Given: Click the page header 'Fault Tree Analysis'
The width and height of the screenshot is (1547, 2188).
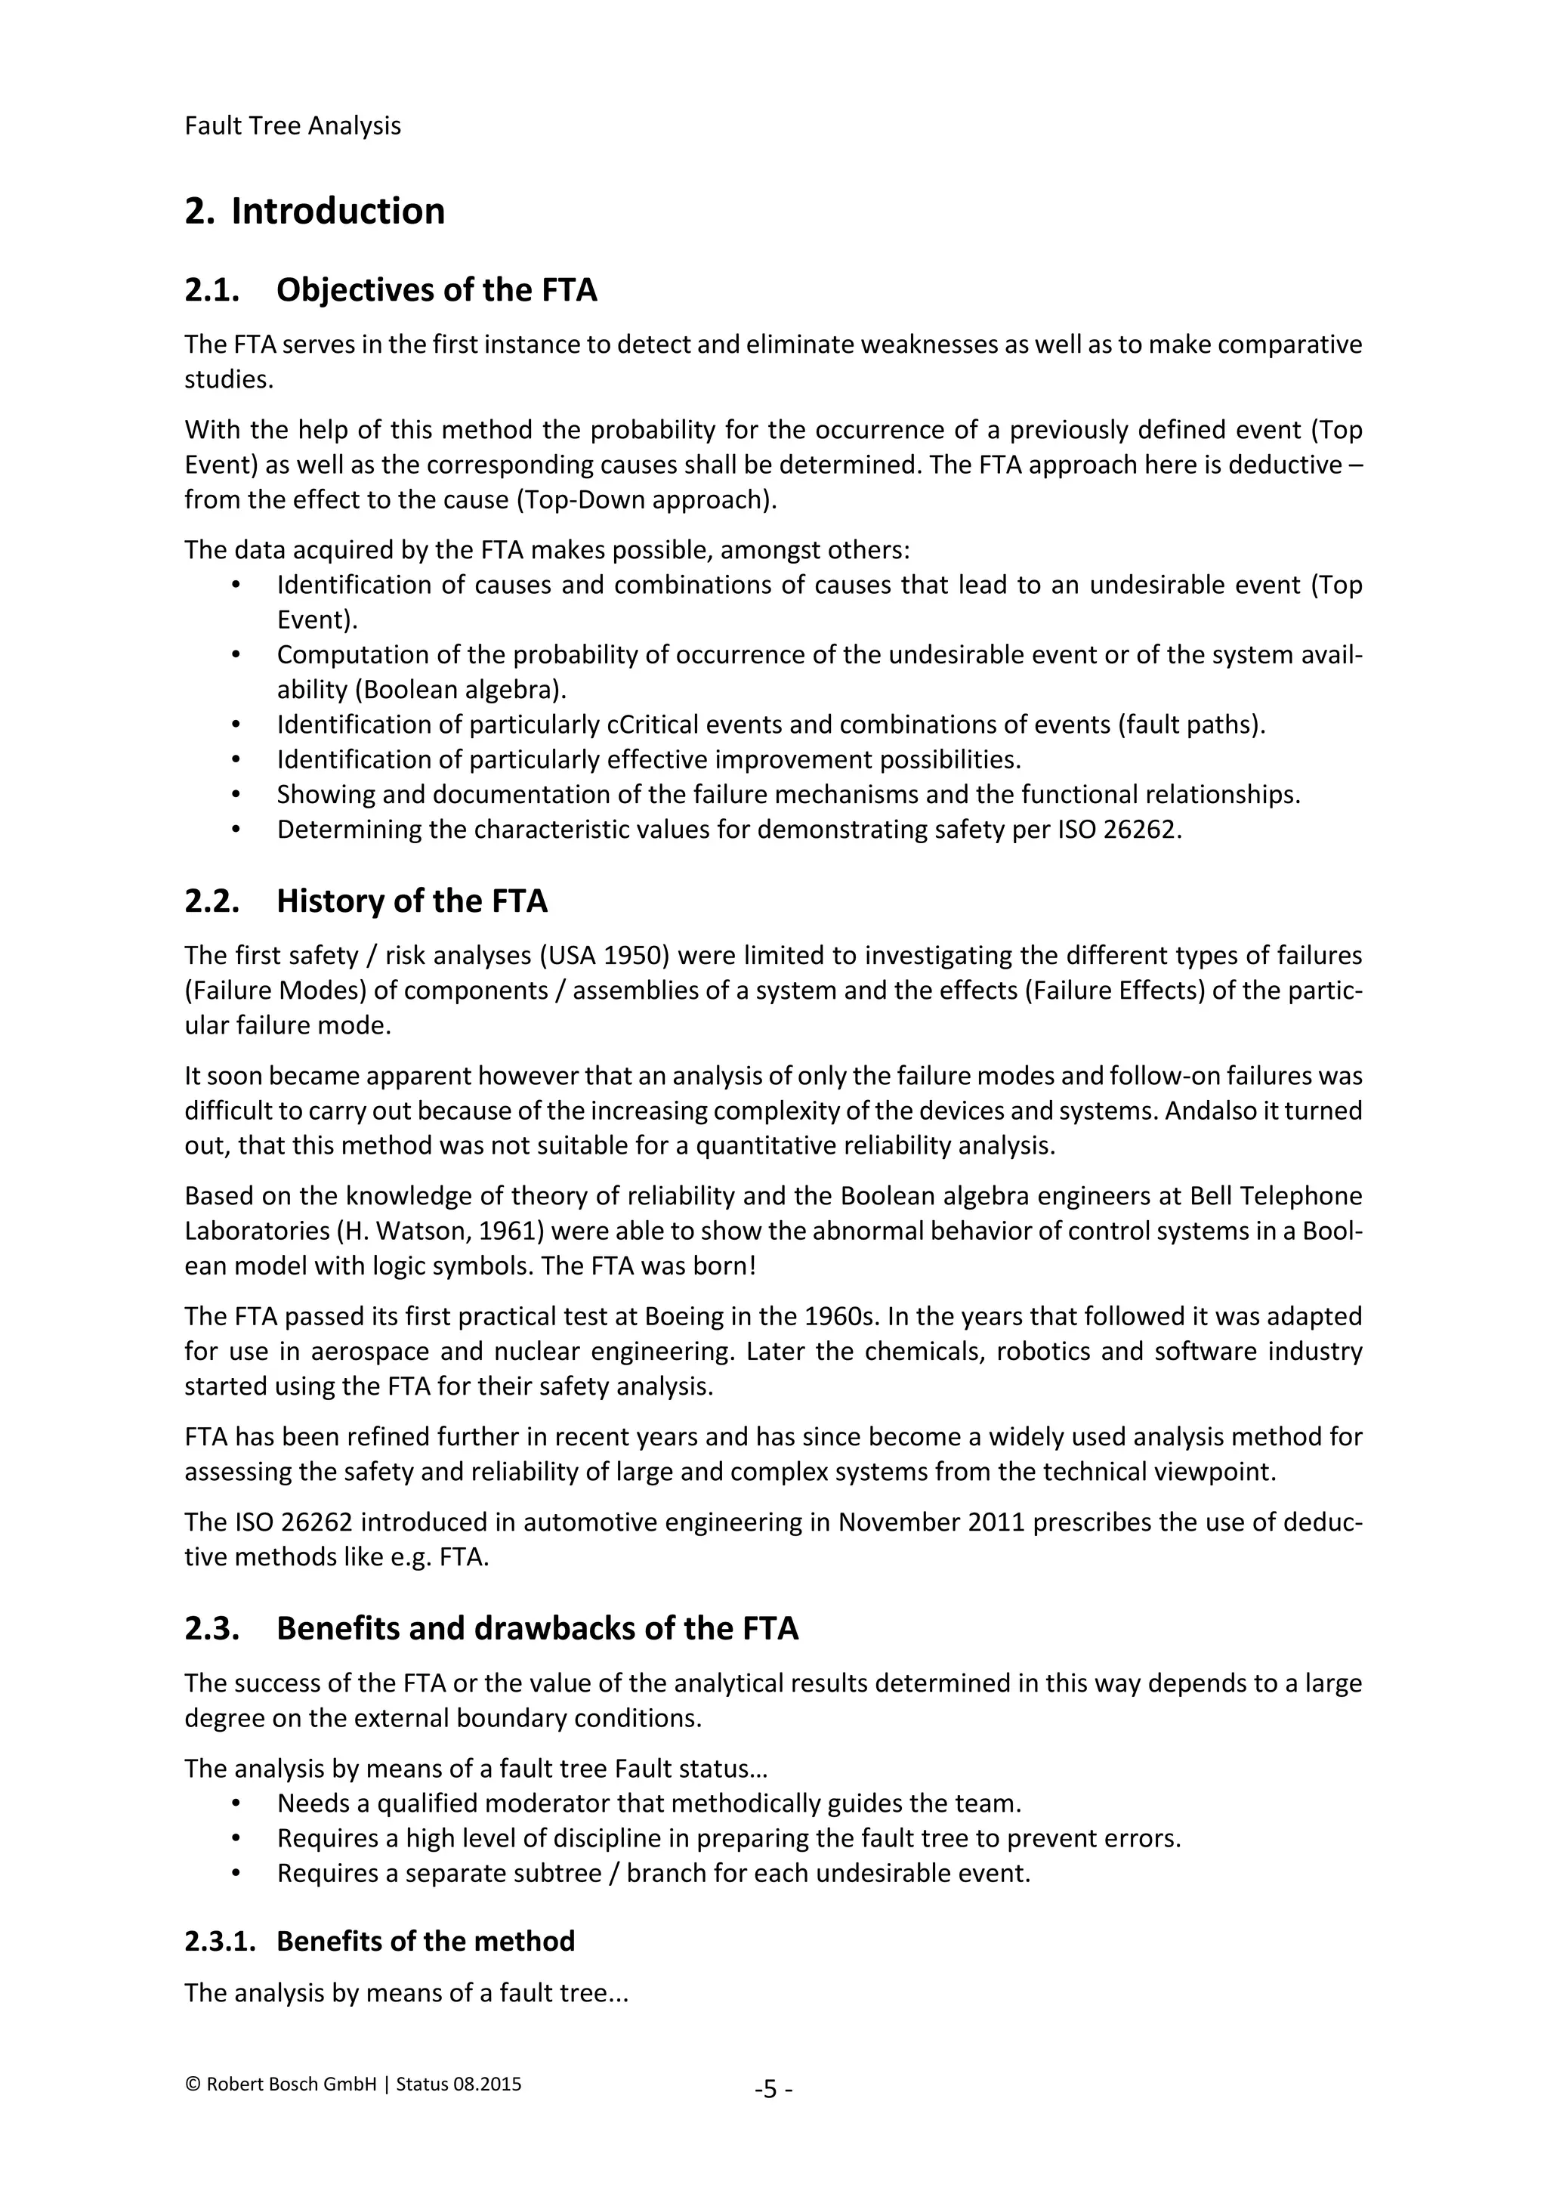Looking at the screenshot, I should pos(292,125).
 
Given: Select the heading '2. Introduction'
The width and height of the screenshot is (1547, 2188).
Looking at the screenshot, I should pos(314,211).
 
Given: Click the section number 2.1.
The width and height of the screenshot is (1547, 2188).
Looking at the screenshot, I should pos(212,289).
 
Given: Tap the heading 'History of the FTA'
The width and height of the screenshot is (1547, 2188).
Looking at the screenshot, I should pos(412,901).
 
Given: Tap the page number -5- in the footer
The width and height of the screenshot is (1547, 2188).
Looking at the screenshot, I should pos(773,2090).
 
